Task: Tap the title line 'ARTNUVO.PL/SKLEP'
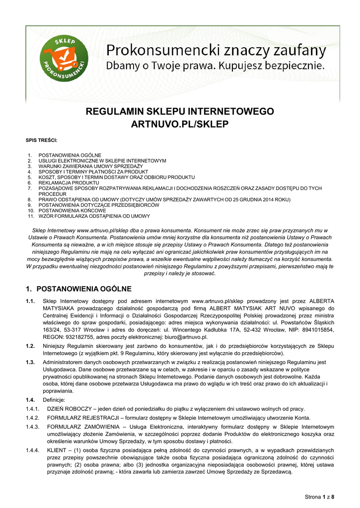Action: (x=180, y=125)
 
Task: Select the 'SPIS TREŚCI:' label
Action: (x=42, y=141)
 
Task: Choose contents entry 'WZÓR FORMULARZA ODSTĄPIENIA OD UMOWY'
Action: (x=94, y=216)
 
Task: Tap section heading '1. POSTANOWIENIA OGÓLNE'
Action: (x=78, y=289)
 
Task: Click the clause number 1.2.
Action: (x=30, y=346)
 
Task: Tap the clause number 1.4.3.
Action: (x=33, y=427)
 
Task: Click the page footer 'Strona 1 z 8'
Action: (x=319, y=497)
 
